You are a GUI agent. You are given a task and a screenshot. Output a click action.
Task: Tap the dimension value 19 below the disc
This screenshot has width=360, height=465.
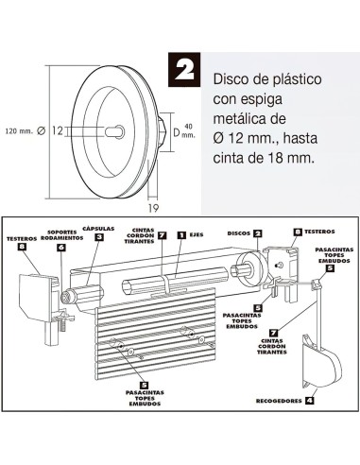coord(152,205)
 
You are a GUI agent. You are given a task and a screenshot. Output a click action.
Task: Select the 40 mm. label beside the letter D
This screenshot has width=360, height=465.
coord(189,129)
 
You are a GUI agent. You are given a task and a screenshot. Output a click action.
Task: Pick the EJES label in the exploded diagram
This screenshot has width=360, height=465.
coord(197,233)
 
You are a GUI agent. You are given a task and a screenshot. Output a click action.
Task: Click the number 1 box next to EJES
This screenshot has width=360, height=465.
coord(181,233)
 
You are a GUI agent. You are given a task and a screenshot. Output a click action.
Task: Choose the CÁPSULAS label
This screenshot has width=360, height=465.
coord(98,228)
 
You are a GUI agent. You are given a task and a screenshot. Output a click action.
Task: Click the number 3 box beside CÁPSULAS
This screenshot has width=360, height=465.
coord(98,237)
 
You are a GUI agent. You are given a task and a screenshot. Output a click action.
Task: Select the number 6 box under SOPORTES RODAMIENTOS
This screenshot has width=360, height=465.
coord(61,248)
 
